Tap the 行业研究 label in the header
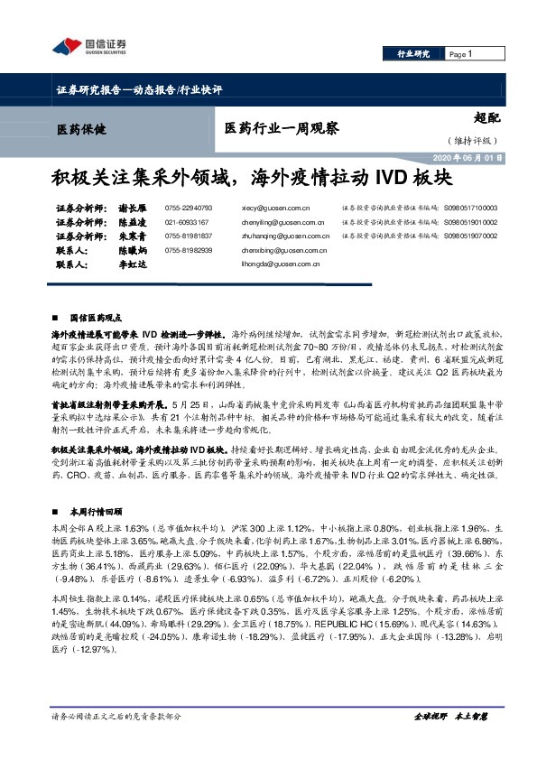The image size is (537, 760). coord(413,54)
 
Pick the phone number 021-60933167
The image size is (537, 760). coord(187,222)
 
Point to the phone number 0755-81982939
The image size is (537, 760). coord(189,250)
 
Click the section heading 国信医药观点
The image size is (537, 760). coord(96,320)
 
